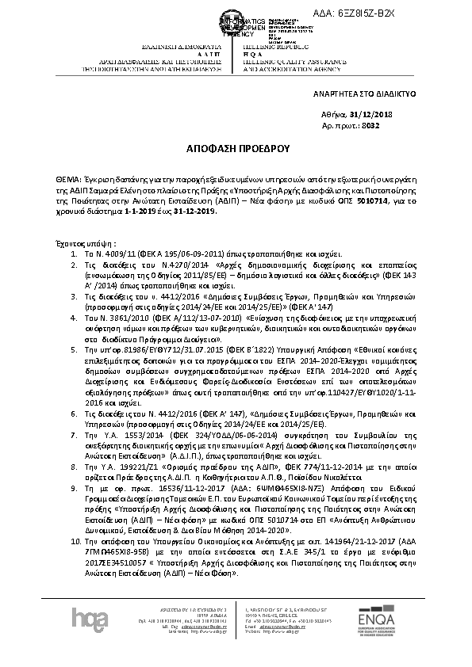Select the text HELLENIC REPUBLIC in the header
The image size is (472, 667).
pos(267,47)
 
